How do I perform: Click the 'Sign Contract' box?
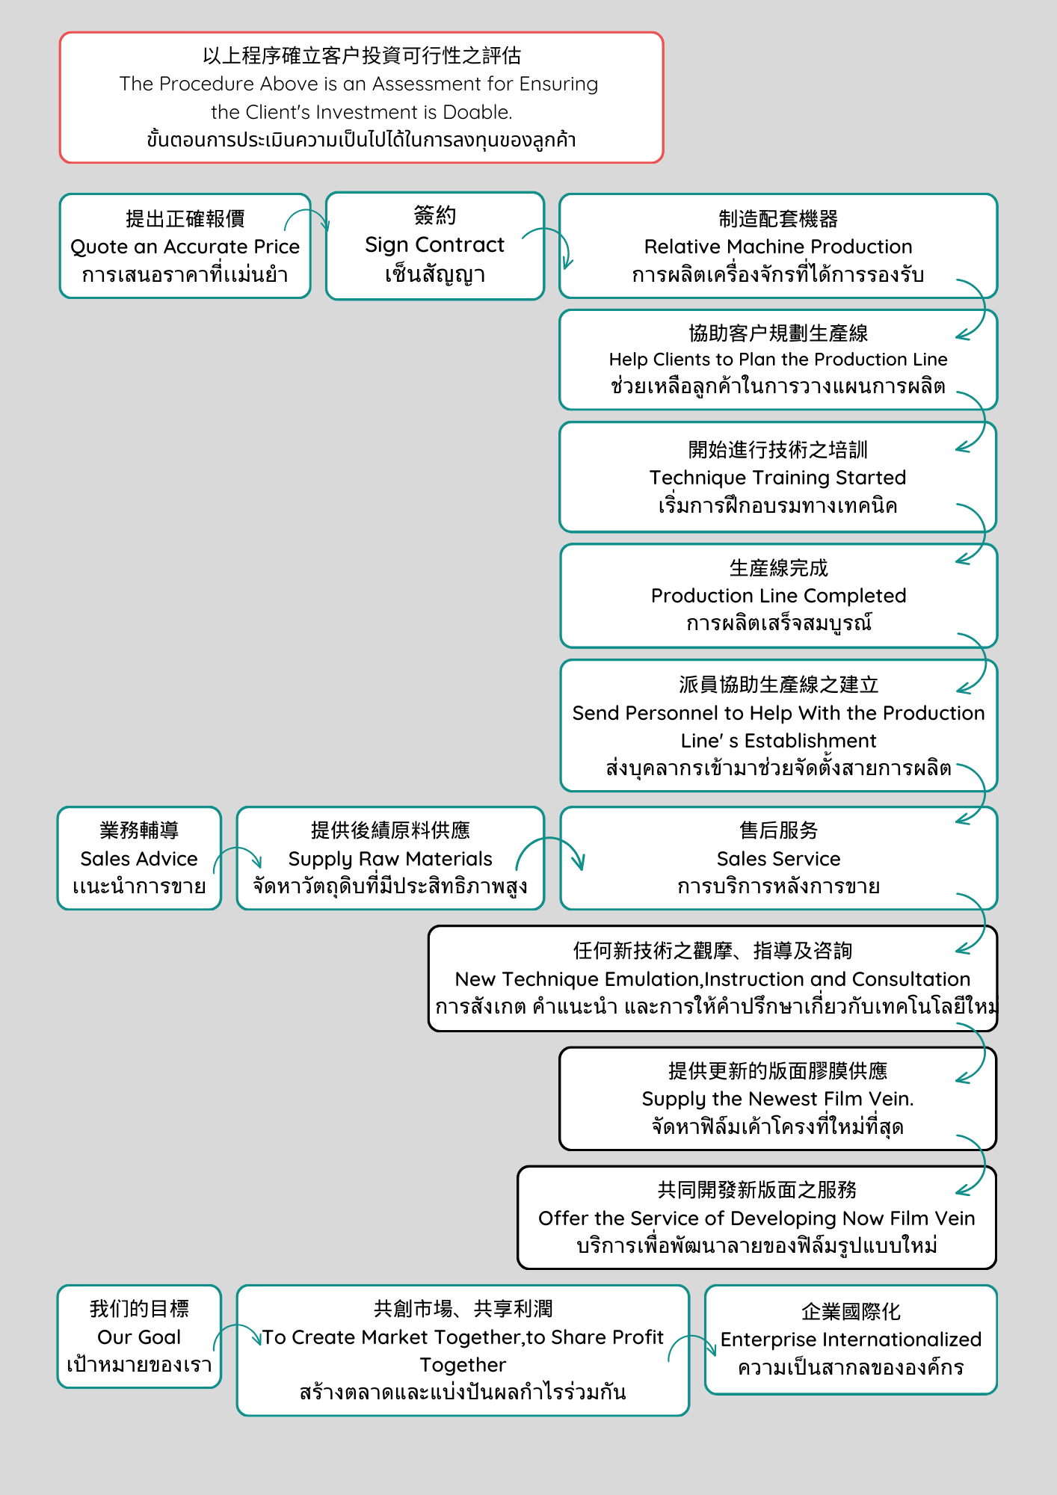tap(435, 246)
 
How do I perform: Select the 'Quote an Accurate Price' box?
tap(185, 246)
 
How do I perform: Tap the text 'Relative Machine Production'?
tap(778, 247)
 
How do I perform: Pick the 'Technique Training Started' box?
tap(778, 477)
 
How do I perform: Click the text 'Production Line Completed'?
tap(778, 596)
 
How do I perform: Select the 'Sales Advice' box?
tap(139, 858)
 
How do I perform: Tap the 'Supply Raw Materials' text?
tap(390, 859)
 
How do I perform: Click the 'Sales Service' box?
tap(778, 858)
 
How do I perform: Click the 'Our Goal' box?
tap(139, 1337)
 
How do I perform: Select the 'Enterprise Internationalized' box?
tap(851, 1340)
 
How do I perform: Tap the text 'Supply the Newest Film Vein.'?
tap(778, 1099)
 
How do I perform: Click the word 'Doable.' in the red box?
tap(478, 112)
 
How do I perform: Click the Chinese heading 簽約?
tap(435, 215)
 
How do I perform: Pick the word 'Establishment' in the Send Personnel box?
tap(810, 741)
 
